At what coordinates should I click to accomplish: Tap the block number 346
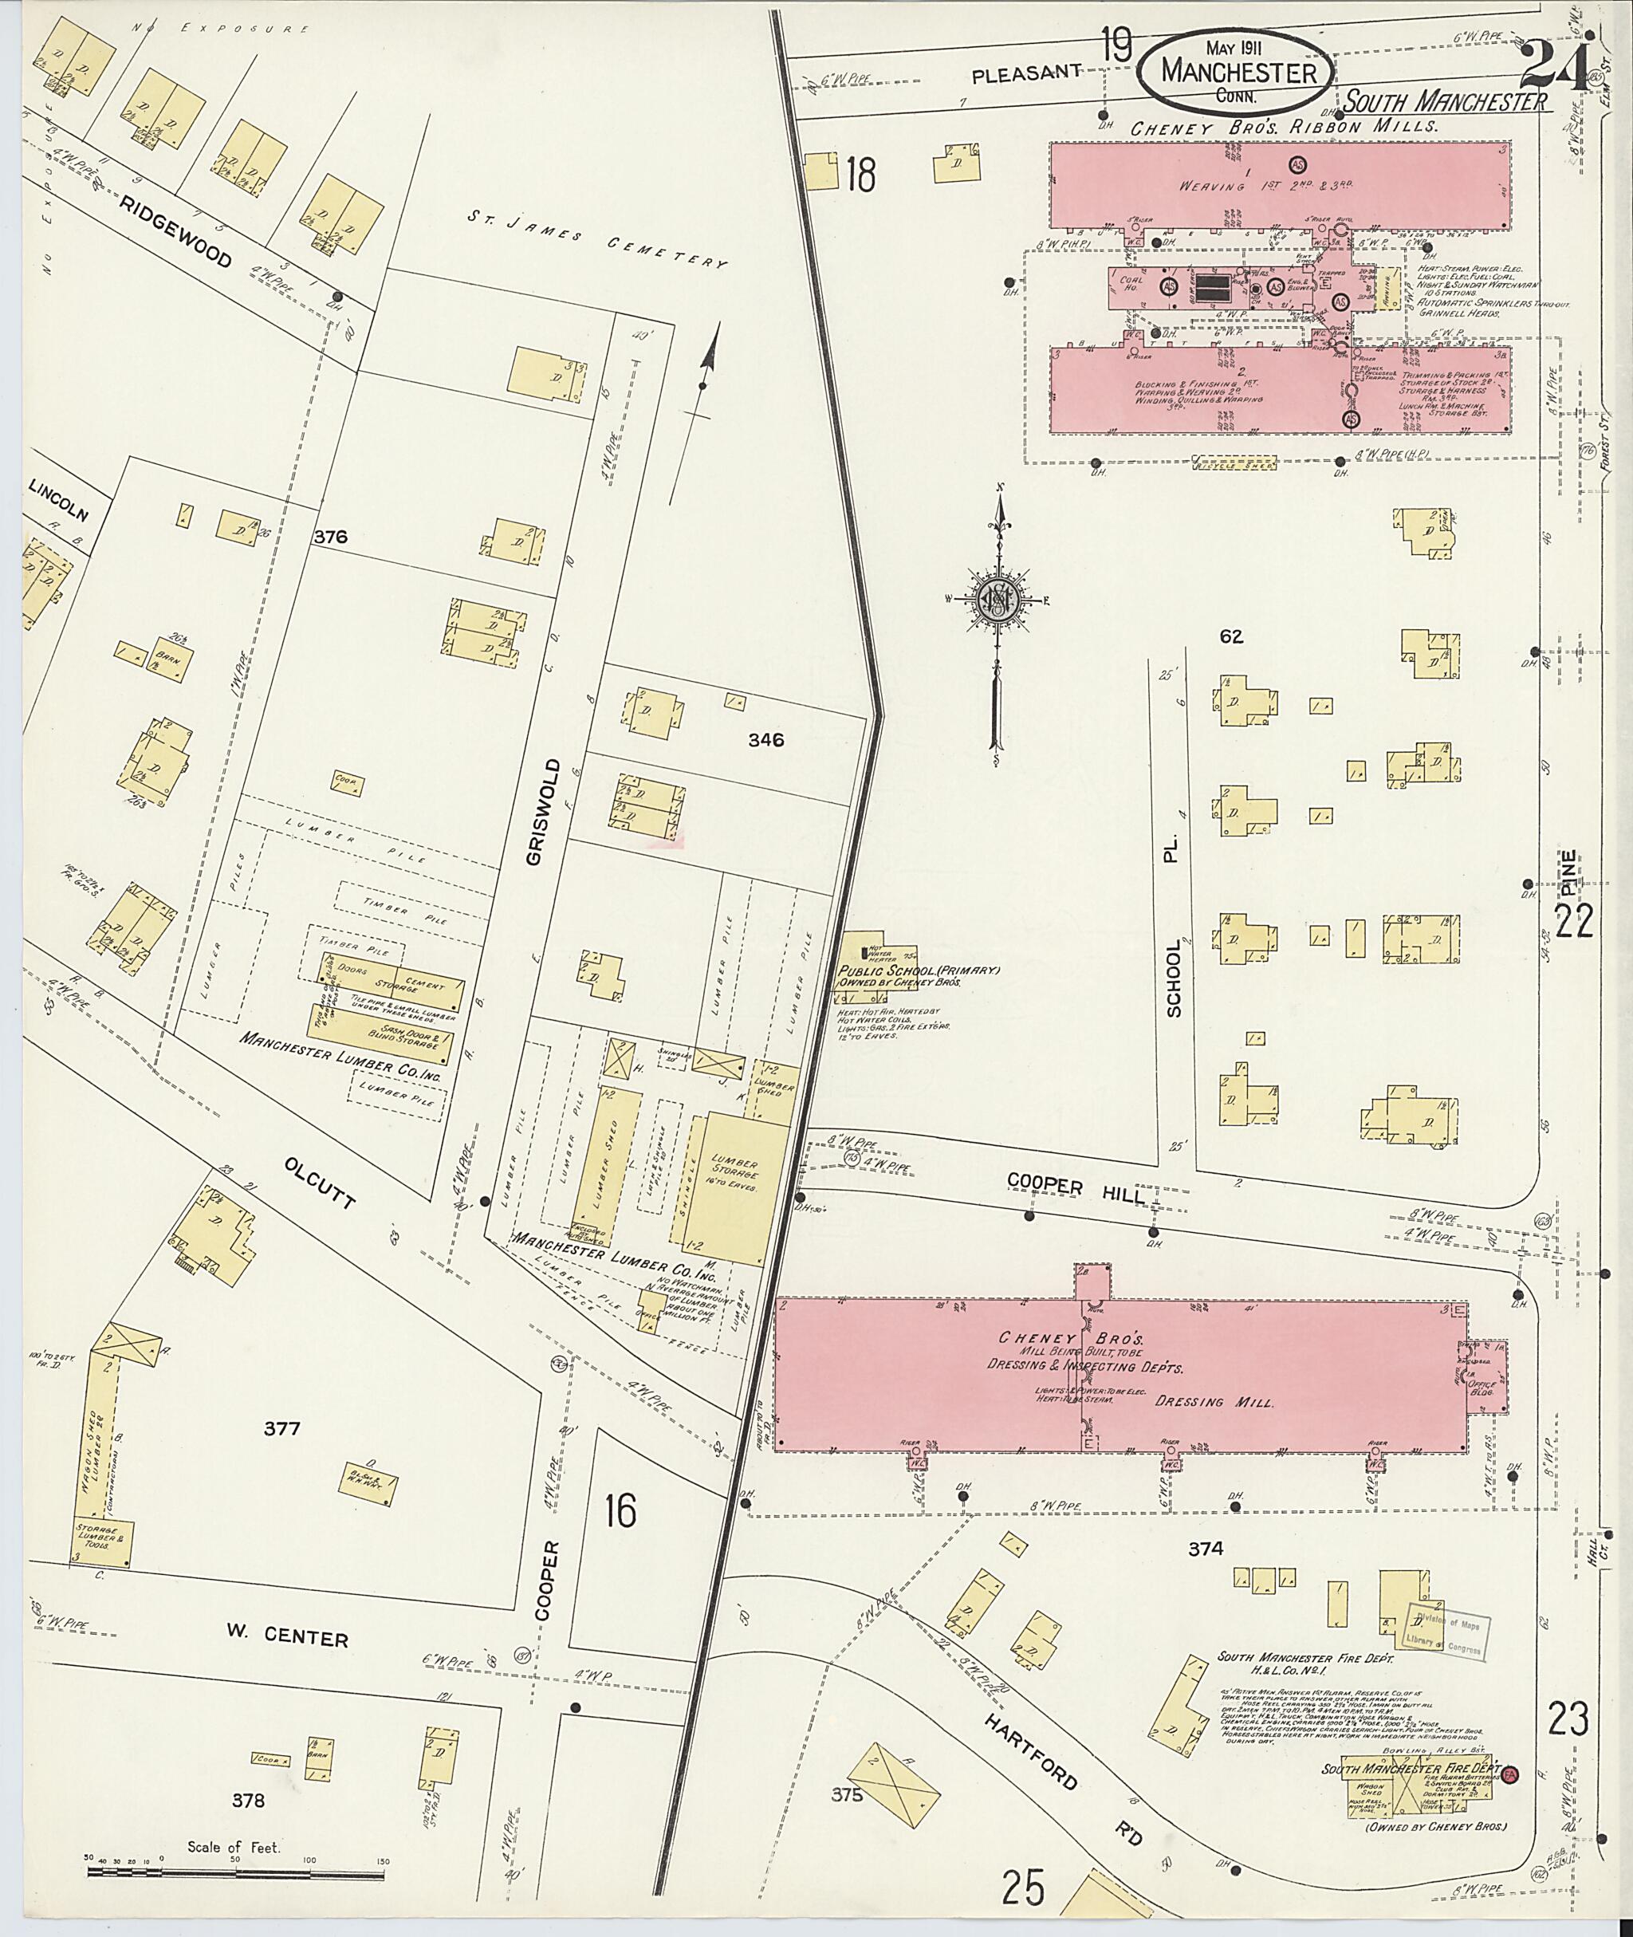click(766, 740)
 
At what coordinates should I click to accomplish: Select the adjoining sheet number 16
click(620, 1513)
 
